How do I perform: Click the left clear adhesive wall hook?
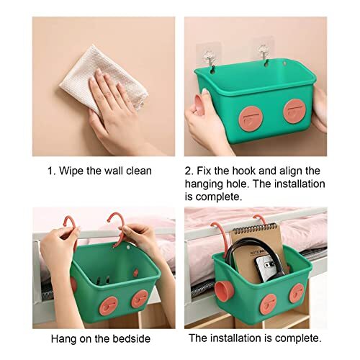pos(209,57)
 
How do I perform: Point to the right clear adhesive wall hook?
pos(263,52)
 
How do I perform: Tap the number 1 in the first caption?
pos(50,171)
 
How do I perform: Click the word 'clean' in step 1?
pos(139,171)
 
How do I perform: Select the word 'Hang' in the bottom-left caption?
pos(63,339)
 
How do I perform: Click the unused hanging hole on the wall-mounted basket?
pos(284,63)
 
